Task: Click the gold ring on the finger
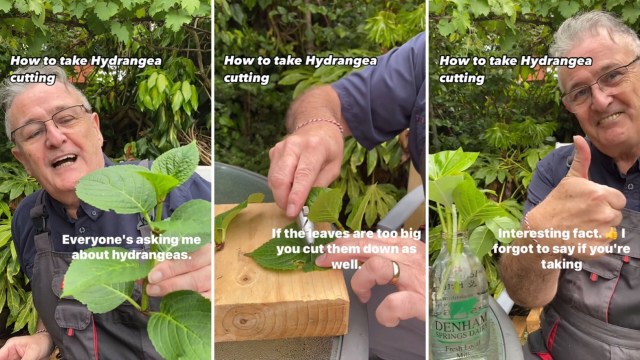pos(395,272)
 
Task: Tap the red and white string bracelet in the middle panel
pos(319,124)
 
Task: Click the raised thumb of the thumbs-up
pos(579,158)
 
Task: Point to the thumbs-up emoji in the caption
pos(611,234)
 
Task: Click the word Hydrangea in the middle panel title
pos(341,61)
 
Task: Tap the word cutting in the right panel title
pos(462,78)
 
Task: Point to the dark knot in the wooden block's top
pos(245,279)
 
